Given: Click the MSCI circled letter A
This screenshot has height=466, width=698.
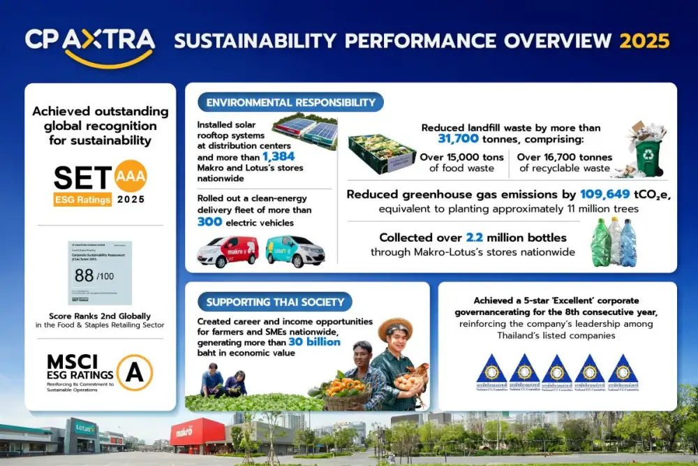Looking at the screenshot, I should click(134, 372).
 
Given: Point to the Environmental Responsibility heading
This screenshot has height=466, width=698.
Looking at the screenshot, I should click(290, 103).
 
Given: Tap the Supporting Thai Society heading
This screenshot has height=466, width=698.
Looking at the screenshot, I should click(275, 302).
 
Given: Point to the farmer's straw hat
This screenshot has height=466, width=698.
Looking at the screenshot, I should click(395, 326).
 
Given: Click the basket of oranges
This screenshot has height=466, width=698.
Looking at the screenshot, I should click(347, 391).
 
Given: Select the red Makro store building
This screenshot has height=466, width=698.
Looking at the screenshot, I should click(198, 435).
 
